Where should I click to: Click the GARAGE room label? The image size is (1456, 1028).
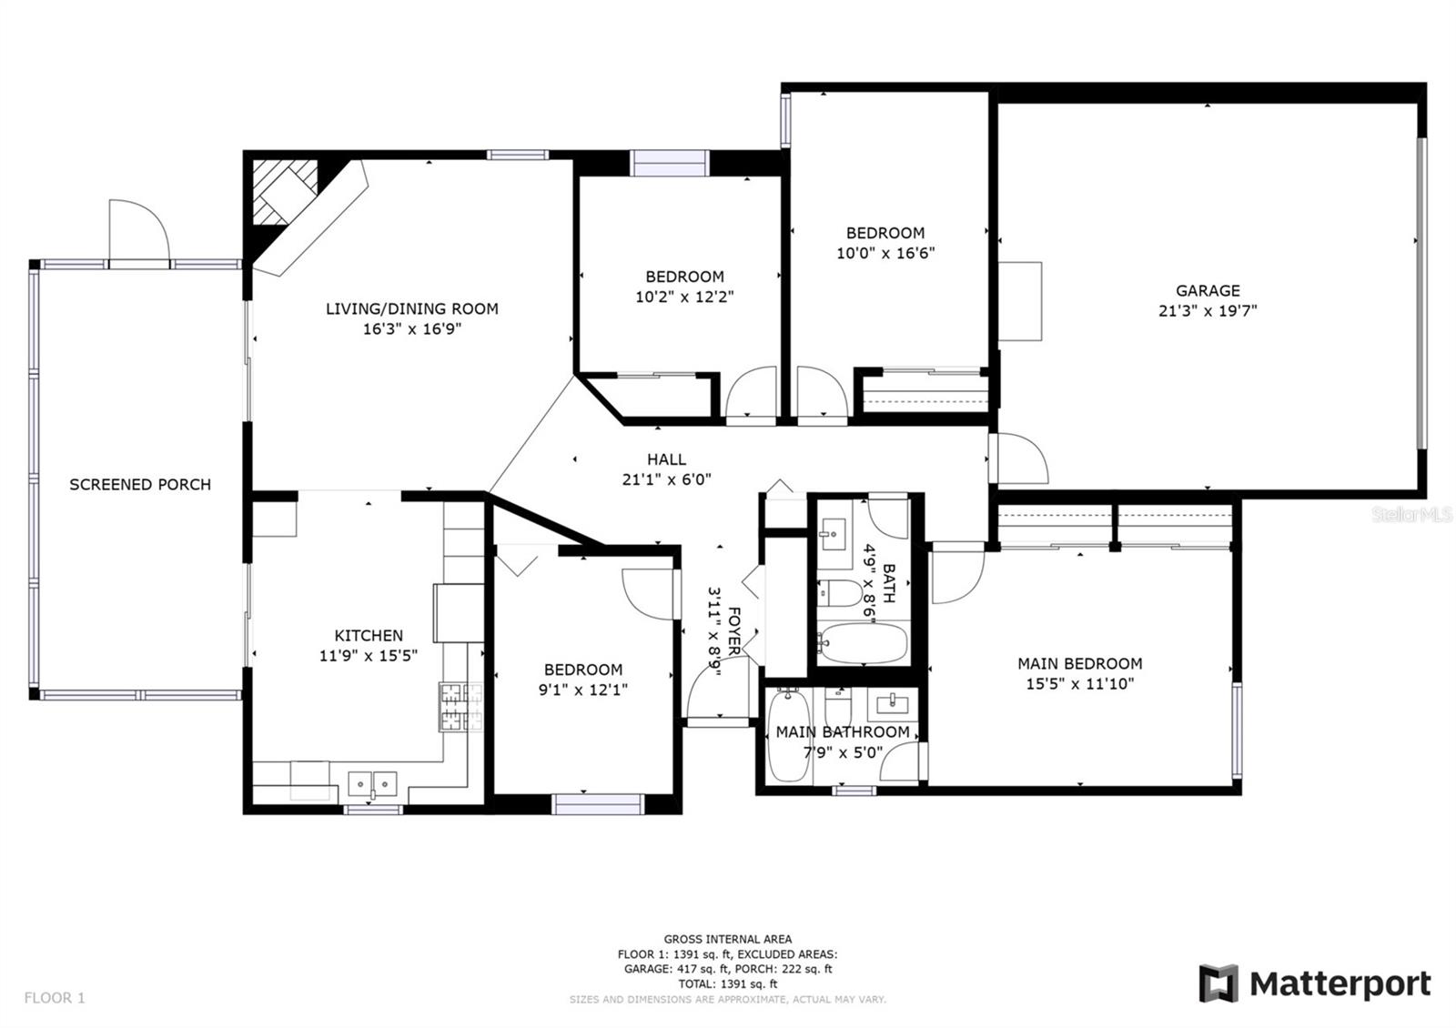click(x=1208, y=290)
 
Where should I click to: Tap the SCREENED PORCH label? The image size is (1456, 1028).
click(x=140, y=485)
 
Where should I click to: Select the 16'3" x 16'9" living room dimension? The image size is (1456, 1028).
click(x=412, y=328)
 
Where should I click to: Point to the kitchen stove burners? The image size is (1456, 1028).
click(x=462, y=707)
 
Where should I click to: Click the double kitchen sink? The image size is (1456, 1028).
click(x=373, y=783)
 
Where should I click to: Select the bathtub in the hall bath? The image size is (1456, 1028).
click(x=862, y=644)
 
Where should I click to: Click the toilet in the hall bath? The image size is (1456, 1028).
click(x=840, y=593)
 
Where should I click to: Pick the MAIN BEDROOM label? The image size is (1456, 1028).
click(x=1079, y=664)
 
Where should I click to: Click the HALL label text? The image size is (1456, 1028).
click(x=666, y=459)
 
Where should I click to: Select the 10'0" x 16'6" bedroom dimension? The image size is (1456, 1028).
click(x=885, y=253)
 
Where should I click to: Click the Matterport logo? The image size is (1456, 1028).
click(x=1314, y=983)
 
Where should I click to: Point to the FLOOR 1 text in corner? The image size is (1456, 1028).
click(x=55, y=998)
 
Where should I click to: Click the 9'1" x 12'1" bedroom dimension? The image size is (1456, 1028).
click(x=582, y=690)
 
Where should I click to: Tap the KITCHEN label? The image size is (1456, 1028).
click(x=369, y=636)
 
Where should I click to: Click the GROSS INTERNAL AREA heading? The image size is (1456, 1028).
click(x=727, y=939)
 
